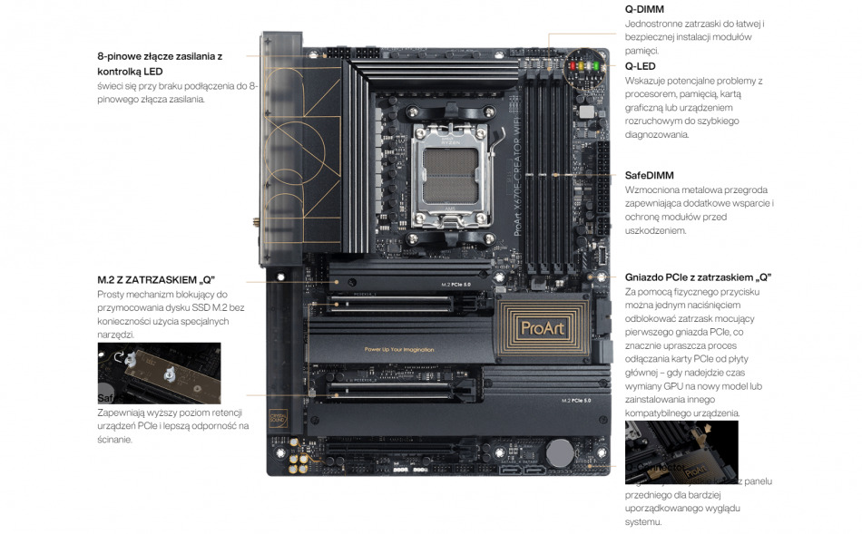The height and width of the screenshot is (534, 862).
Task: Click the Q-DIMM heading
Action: point(644,9)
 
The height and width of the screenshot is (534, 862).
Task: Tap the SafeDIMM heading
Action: point(650,175)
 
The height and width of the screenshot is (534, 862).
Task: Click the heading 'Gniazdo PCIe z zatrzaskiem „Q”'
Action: point(699,277)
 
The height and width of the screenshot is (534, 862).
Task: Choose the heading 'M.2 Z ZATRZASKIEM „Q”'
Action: point(156,279)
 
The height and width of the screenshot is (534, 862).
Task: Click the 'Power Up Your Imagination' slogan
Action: point(399,349)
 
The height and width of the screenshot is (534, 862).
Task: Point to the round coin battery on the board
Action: point(560,452)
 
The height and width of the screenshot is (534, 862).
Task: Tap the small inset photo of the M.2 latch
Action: point(159,373)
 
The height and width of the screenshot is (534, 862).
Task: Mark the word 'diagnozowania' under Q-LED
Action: point(657,134)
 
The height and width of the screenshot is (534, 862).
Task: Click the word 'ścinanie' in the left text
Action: point(115,440)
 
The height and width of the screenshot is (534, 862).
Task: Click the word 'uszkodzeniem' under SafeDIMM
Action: point(656,230)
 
